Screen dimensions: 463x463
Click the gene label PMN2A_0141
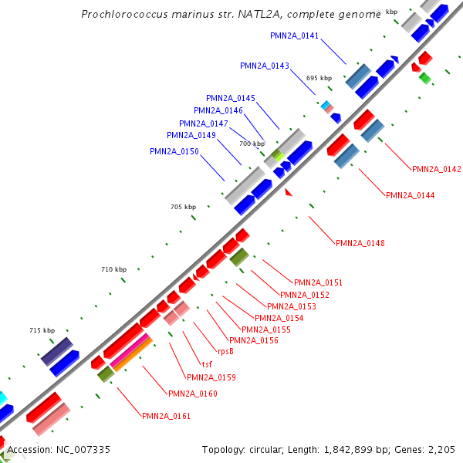(295, 35)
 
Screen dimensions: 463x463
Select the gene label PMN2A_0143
(265, 66)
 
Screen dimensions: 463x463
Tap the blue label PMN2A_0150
(174, 151)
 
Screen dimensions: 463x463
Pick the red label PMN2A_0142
(437, 169)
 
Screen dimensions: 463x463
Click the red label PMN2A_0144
(411, 195)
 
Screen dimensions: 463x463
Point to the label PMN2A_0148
(360, 243)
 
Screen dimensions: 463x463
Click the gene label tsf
(207, 364)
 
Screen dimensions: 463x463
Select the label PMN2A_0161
(167, 416)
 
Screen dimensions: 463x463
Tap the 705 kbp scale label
(184, 207)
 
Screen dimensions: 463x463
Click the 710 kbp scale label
(113, 269)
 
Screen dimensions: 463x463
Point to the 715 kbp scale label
(42, 330)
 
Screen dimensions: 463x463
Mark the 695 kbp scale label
(319, 78)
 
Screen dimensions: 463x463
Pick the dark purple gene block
(56, 351)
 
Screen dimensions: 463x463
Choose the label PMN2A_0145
(231, 98)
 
